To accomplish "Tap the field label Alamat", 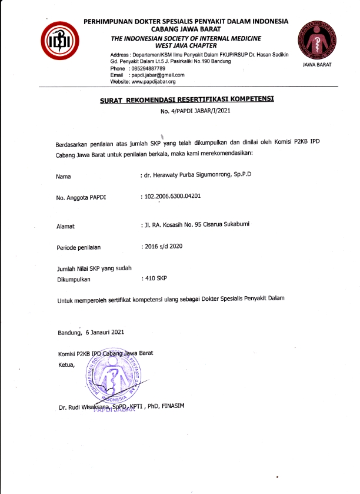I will click(65, 226).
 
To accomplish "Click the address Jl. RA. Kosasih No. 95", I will click(179, 225).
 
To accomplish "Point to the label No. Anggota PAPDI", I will click(81, 198).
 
